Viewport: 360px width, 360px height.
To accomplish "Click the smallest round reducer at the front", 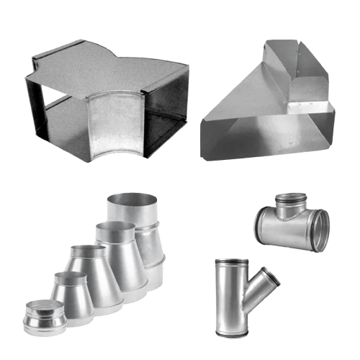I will click(42, 317).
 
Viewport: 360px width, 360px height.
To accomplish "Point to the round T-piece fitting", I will click(291, 224).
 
